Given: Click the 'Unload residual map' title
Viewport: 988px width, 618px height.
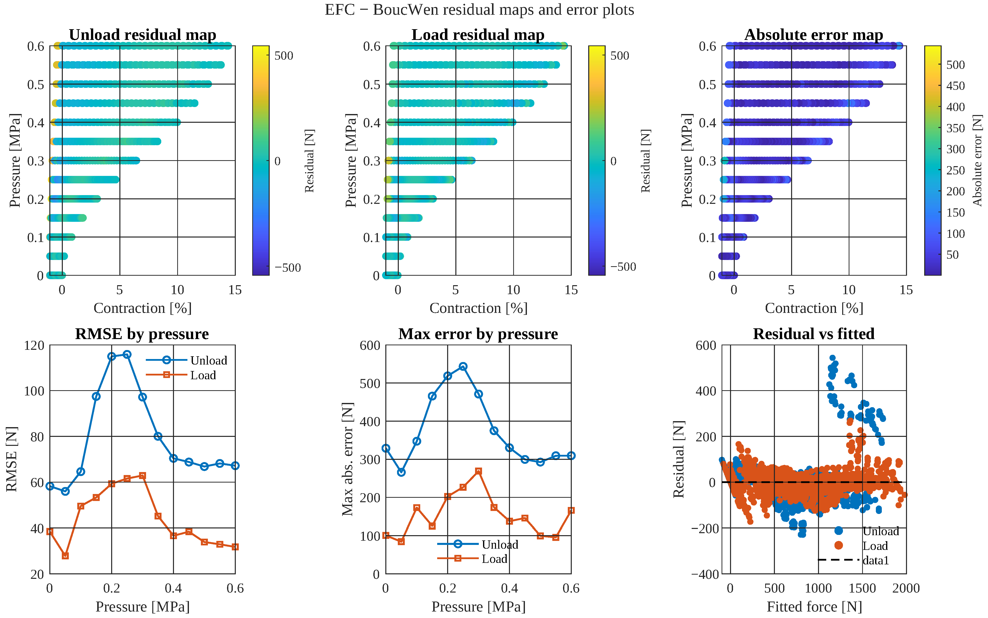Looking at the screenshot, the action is [x=143, y=35].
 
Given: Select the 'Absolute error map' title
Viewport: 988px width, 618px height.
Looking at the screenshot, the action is [x=814, y=35].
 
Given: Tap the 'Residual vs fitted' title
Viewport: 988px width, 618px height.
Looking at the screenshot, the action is [x=814, y=334].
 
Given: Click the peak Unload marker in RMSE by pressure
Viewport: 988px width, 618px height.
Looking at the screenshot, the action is [x=127, y=354].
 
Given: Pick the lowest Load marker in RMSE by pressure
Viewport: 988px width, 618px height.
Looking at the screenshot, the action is [x=65, y=556].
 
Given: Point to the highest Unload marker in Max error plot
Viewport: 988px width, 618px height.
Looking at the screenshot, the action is [x=463, y=366].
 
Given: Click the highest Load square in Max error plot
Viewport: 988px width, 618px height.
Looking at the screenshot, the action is [x=479, y=471].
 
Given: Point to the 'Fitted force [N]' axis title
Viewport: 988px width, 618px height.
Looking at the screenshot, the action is [x=814, y=607].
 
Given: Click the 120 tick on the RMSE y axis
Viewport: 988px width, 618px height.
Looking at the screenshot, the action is [x=34, y=345].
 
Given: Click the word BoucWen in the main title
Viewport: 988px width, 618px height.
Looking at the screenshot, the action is [x=406, y=9].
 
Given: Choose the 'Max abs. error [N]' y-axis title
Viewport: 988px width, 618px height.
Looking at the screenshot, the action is [x=347, y=459].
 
